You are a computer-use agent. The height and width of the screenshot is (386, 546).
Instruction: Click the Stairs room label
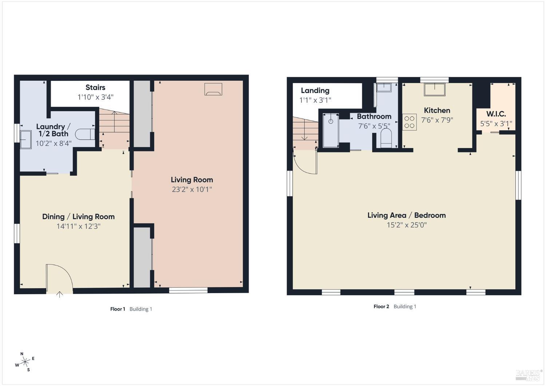point(95,87)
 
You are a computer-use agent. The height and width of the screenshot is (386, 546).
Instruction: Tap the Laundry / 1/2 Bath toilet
point(85,134)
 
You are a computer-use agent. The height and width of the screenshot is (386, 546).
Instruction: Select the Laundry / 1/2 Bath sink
point(25,140)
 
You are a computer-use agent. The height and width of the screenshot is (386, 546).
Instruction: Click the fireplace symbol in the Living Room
point(213,89)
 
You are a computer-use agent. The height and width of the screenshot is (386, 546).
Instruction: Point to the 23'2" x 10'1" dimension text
point(192,189)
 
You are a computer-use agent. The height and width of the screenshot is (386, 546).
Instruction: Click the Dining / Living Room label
point(78,217)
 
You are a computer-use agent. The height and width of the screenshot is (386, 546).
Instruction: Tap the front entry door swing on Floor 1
point(59,277)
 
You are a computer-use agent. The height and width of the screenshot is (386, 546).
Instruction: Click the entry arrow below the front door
point(59,294)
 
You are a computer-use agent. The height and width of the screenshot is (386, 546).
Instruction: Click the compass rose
point(25,362)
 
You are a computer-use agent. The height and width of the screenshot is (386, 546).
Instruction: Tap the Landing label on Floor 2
point(315,90)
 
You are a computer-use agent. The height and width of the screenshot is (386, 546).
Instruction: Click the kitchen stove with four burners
point(409,122)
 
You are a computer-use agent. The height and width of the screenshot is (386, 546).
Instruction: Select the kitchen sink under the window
point(435,90)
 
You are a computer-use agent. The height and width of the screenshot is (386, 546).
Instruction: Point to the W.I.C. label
point(496,114)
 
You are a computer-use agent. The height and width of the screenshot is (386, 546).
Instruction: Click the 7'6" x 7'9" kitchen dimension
point(437,120)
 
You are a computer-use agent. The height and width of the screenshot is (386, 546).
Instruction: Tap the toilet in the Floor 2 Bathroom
point(386,138)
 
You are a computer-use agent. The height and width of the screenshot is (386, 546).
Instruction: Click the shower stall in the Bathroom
point(331,130)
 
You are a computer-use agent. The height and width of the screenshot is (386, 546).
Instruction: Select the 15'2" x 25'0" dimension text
point(407,225)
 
